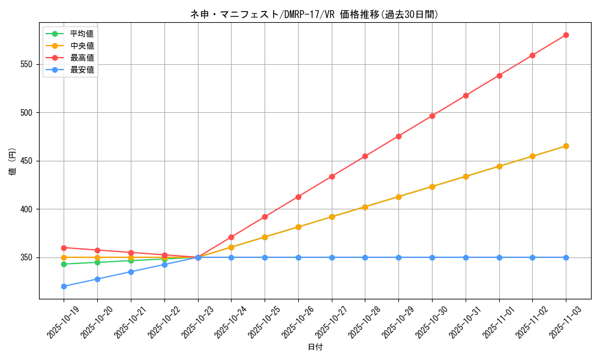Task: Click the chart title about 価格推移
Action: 314,14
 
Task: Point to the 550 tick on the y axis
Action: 26,64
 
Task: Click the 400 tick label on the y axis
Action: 26,209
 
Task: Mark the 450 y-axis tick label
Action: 26,161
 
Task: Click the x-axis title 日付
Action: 315,347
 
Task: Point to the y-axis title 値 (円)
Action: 13,161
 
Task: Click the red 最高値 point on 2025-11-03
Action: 566,35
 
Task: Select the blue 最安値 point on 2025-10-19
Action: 64,286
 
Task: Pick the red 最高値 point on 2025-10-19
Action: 64,248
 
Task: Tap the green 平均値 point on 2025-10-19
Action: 64,264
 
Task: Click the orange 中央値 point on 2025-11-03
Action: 566,146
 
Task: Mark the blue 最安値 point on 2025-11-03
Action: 566,257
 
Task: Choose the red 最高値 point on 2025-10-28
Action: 365,157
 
